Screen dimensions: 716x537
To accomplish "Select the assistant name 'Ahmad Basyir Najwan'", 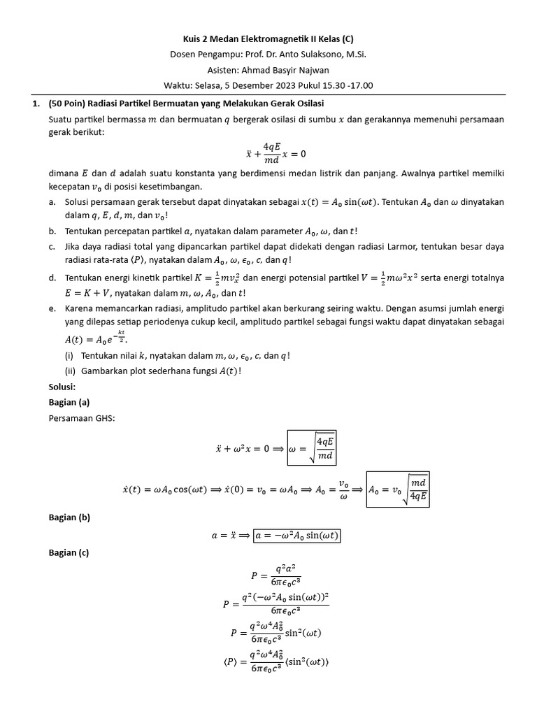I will (286, 70).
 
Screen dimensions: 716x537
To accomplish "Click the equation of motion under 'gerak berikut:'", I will (275, 152).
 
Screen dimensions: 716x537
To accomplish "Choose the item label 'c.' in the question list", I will (53, 247).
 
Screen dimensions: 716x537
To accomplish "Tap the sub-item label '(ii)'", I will (69, 371).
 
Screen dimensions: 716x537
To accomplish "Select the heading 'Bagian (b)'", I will (69, 517).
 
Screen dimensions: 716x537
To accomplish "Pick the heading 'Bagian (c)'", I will (69, 552).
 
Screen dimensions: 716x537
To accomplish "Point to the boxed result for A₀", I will (399, 490).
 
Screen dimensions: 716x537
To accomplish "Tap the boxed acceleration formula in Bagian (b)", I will (298, 536).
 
